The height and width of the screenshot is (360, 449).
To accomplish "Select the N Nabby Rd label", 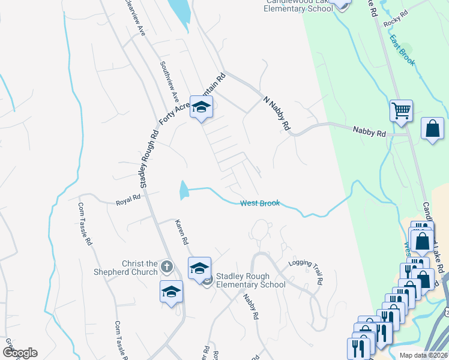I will tap(277, 113).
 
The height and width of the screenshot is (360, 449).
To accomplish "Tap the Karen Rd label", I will tap(182, 232).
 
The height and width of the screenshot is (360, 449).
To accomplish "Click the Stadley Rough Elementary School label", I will tap(251, 280).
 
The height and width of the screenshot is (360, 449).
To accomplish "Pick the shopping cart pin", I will tap(401, 111).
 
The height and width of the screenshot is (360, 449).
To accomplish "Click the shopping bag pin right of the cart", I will tap(432, 128).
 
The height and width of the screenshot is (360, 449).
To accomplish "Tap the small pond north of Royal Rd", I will tap(183, 191).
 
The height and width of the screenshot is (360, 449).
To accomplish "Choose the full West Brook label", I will tap(260, 203).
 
